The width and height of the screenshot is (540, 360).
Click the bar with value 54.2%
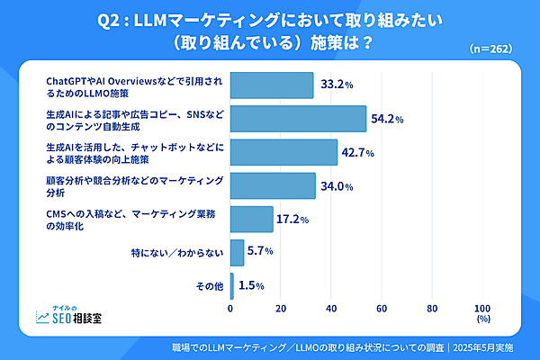(298, 119)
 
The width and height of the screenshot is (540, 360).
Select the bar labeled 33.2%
(272, 85)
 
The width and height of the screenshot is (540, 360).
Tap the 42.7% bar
(283, 152)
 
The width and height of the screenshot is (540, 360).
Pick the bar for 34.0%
(273, 185)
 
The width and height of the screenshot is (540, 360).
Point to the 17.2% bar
(252, 219)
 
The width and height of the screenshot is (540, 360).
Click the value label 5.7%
(260, 251)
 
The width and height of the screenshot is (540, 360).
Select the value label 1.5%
(250, 285)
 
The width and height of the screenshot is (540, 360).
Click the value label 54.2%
(385, 119)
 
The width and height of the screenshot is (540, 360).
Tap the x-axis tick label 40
(331, 308)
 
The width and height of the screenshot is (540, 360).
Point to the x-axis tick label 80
(432, 308)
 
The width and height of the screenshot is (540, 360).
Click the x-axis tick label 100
(481, 308)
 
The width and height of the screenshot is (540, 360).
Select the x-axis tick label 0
(231, 308)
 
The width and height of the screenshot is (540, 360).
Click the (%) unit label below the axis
(482, 319)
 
